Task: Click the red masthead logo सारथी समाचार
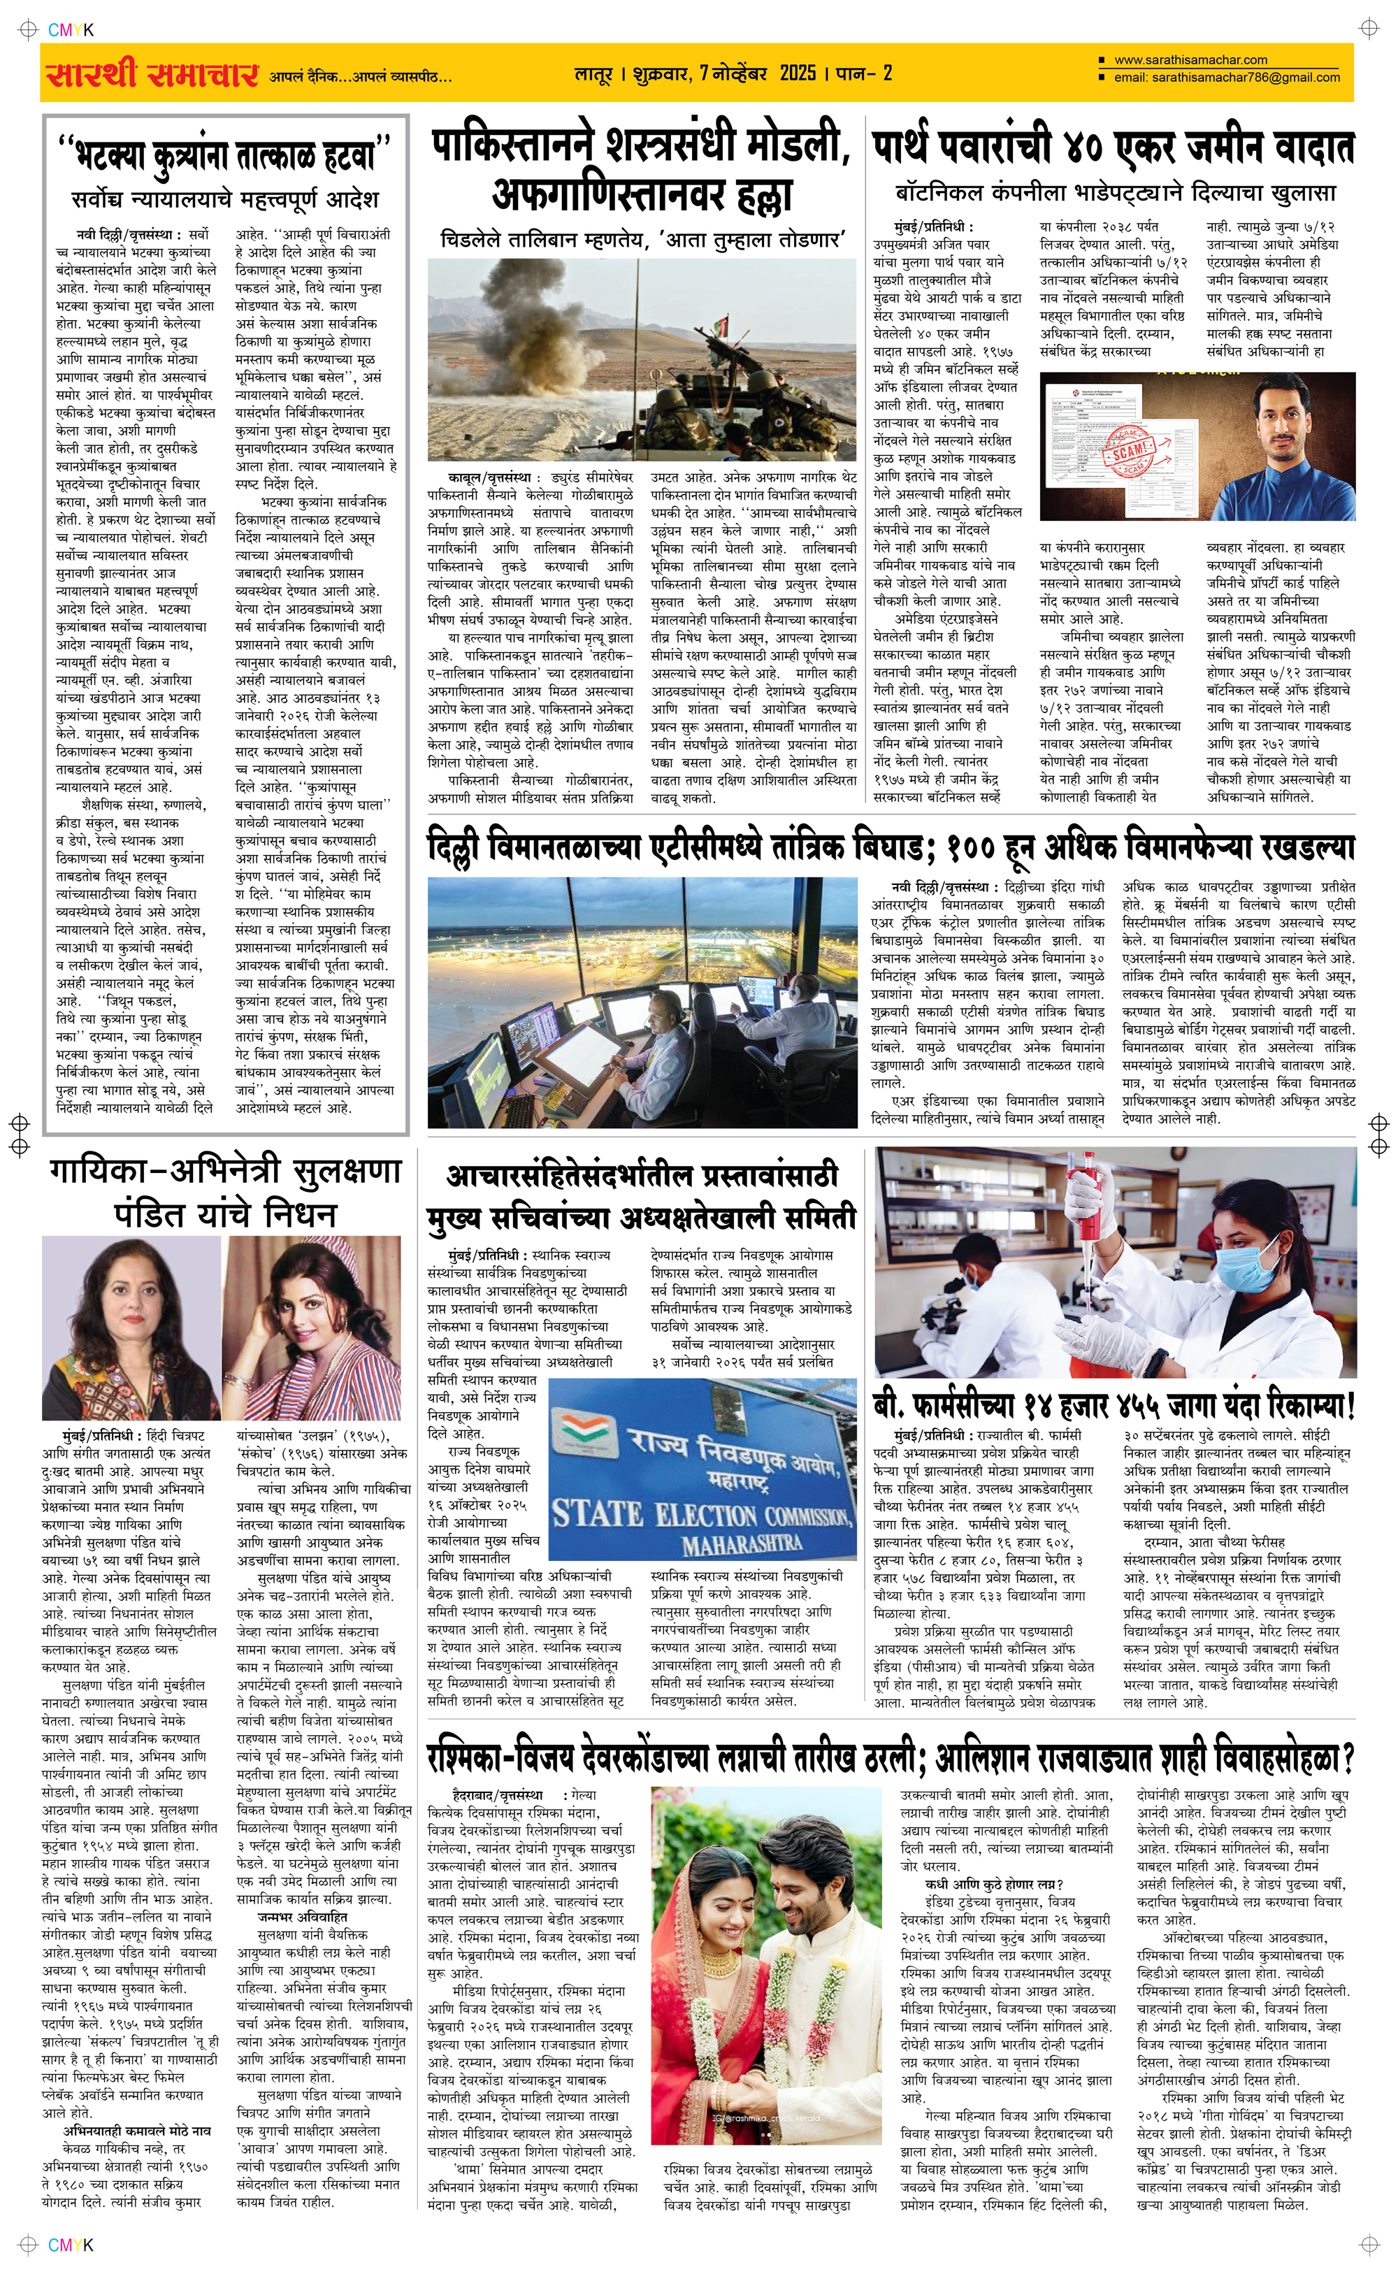pos(152,74)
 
